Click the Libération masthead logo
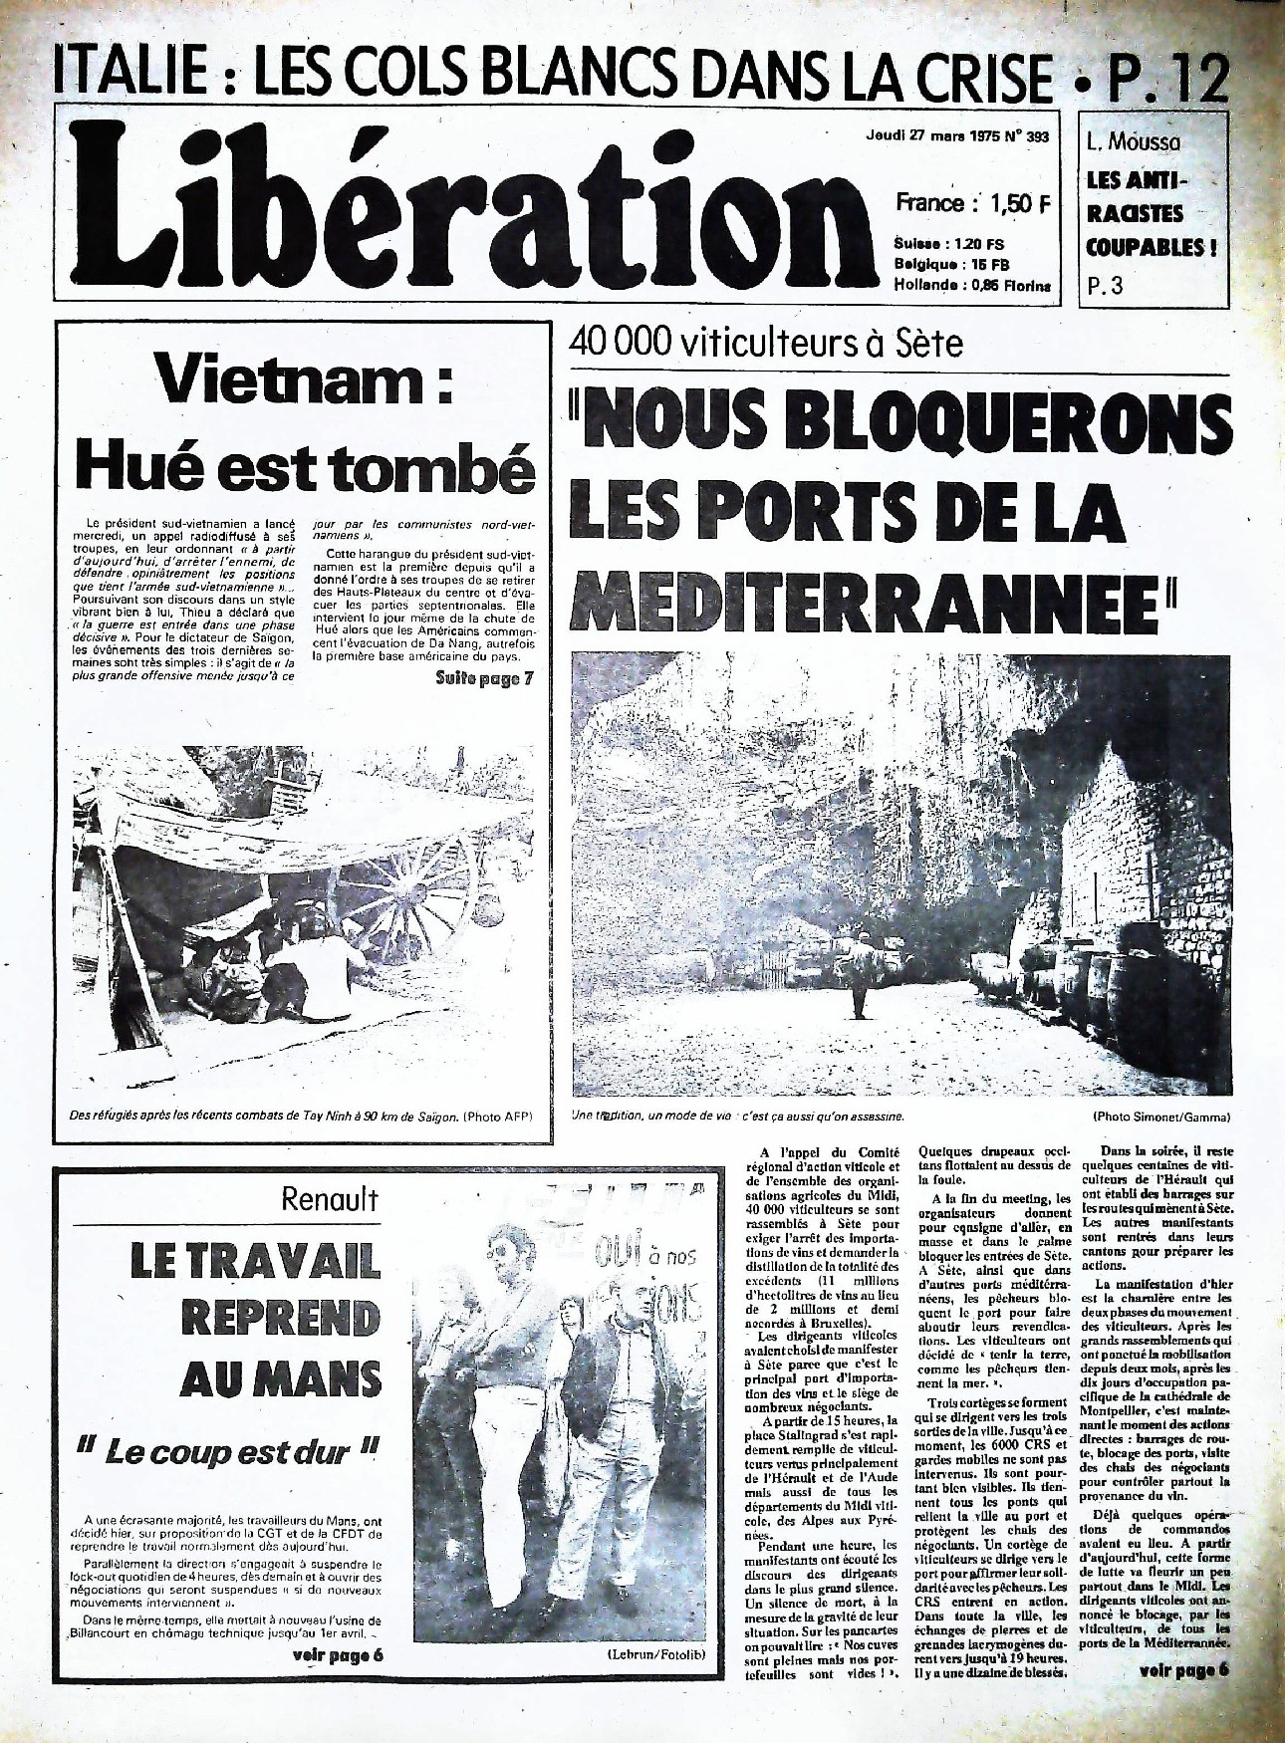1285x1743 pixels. pyautogui.click(x=468, y=214)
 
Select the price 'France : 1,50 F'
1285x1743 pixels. pyautogui.click(x=973, y=202)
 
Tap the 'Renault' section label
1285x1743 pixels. pyautogui.click(x=331, y=1199)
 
